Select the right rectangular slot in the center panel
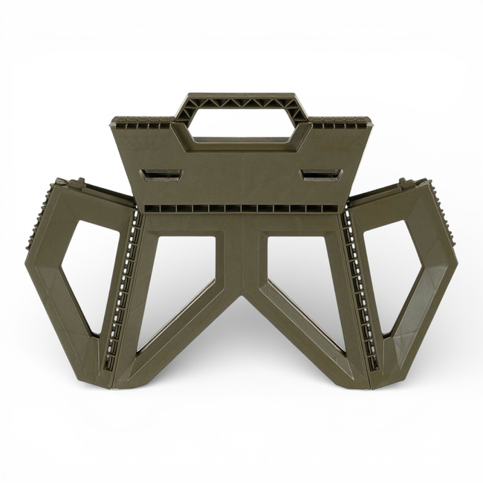(x=319, y=175)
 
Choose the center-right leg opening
(x=301, y=282)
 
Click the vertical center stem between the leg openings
(x=241, y=253)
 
